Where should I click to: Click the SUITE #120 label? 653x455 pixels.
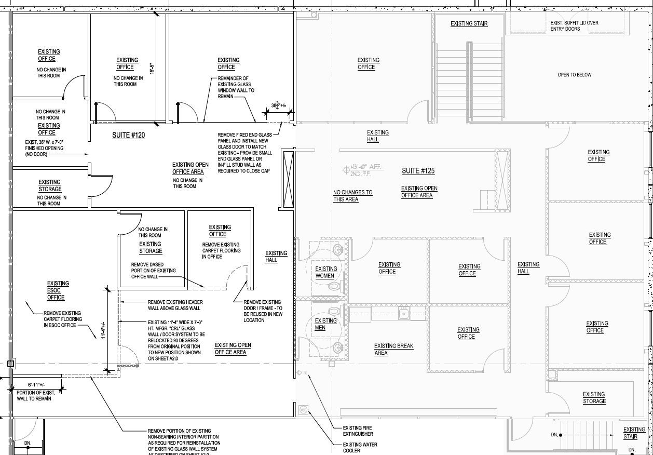point(128,136)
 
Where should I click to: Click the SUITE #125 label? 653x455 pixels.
point(418,171)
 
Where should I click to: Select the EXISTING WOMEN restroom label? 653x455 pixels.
point(326,272)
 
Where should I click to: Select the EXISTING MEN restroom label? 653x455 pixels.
point(325,324)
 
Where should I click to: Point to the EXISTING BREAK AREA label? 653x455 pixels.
point(393,350)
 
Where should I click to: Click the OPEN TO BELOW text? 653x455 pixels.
point(574,75)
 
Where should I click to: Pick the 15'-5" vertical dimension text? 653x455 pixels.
point(152,69)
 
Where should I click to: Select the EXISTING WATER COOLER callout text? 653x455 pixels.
point(360,448)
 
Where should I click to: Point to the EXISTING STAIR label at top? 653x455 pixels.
point(469,23)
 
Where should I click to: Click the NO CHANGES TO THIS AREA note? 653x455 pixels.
point(352,196)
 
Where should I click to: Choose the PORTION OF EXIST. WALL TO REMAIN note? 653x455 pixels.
point(36,396)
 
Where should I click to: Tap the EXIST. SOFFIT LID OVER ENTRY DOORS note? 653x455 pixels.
point(574,26)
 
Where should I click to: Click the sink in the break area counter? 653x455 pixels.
point(402,313)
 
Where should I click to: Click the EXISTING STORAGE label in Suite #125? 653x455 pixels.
point(594,398)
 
